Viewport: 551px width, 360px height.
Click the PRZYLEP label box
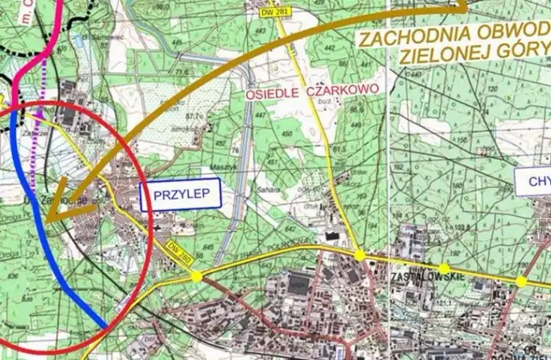point(181,194)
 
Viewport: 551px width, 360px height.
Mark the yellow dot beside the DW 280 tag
point(197,276)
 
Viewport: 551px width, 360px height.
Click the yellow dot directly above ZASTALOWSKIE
point(443,269)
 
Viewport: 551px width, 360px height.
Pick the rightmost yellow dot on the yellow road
point(521,282)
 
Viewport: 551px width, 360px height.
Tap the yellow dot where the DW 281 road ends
point(359,255)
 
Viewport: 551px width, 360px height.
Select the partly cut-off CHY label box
point(534,180)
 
